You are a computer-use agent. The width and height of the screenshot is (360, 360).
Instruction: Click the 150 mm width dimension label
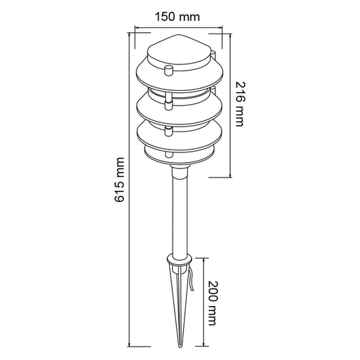tap(178, 17)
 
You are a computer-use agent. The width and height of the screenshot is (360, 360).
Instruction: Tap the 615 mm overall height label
tap(120, 180)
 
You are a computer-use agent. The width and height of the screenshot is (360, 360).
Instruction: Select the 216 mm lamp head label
tap(240, 104)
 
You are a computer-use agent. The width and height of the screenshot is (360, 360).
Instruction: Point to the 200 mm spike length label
tap(213, 303)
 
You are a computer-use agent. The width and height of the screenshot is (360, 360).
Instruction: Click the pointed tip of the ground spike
tap(180, 346)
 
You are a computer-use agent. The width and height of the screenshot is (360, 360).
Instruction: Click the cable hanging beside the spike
tap(191, 280)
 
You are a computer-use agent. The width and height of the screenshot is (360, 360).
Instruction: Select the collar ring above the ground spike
tap(180, 259)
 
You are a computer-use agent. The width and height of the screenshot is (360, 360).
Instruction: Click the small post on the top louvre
tap(168, 71)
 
